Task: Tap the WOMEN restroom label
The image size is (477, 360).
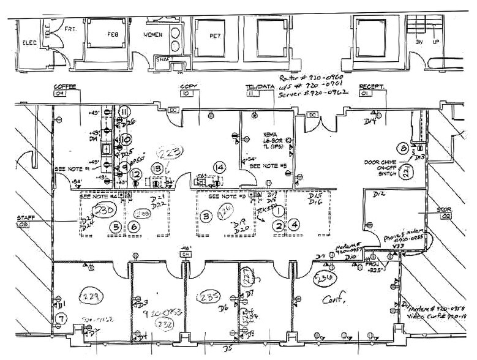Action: [153, 35]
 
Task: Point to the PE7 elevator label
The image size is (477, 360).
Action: [215, 36]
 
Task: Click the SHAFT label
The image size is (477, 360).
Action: [163, 59]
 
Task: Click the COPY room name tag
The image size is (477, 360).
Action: [187, 87]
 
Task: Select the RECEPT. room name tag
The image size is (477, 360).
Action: [370, 87]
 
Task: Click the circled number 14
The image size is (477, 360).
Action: [219, 167]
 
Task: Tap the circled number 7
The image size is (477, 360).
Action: [60, 318]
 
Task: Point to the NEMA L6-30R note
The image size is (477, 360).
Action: [272, 138]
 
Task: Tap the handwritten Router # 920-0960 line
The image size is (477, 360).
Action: [313, 79]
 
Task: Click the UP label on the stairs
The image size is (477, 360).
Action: [435, 42]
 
